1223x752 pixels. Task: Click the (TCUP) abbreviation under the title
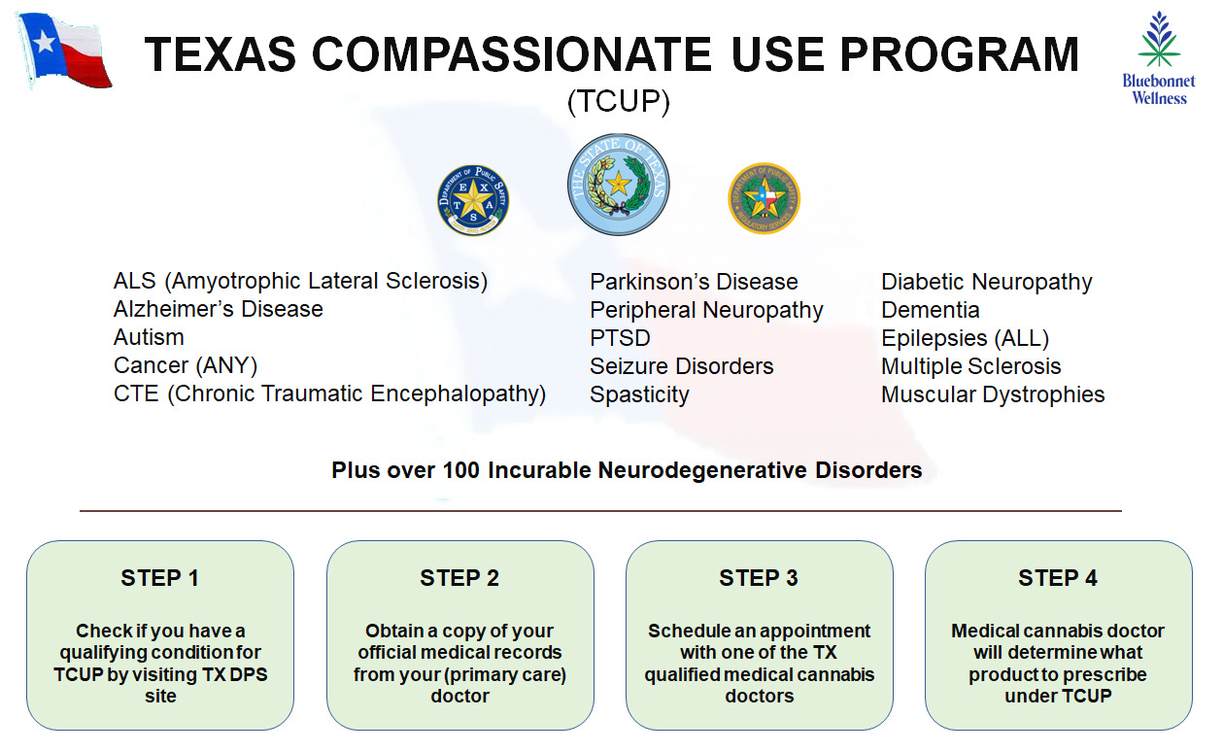click(618, 102)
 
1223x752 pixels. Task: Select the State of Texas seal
click(618, 185)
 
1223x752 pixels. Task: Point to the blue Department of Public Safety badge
click(473, 200)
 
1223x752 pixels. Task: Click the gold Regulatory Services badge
click(764, 198)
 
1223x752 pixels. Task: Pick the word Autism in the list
click(149, 337)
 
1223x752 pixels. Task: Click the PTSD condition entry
click(620, 338)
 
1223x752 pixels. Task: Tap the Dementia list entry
click(930, 310)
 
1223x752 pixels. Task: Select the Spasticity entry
click(639, 394)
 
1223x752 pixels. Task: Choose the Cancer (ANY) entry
click(186, 365)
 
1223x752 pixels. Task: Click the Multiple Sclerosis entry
click(970, 366)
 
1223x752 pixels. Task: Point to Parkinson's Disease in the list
click(694, 282)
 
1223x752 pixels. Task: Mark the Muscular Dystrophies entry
click(993, 394)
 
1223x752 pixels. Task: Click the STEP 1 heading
click(159, 578)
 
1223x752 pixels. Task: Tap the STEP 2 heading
click(459, 578)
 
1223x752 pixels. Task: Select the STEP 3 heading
click(759, 578)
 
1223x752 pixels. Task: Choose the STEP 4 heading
click(1058, 578)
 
